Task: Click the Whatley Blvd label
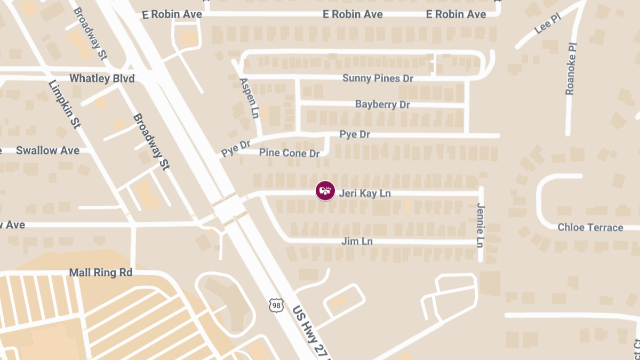tap(102, 78)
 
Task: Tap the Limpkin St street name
tap(64, 104)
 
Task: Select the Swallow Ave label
tap(47, 150)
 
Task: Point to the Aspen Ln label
tap(249, 99)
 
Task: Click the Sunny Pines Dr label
tap(378, 78)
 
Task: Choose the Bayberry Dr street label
tap(382, 105)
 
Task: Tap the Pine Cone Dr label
tap(289, 153)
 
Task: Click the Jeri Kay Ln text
tap(365, 193)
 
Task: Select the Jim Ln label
tap(357, 242)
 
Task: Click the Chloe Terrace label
tap(590, 228)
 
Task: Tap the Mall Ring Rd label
tap(101, 273)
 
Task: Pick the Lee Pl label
tap(548, 25)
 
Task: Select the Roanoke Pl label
tap(570, 69)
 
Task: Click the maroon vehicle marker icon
tap(325, 191)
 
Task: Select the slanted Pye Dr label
tap(235, 148)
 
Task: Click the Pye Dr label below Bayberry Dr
tap(355, 134)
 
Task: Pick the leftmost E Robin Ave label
tap(172, 14)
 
